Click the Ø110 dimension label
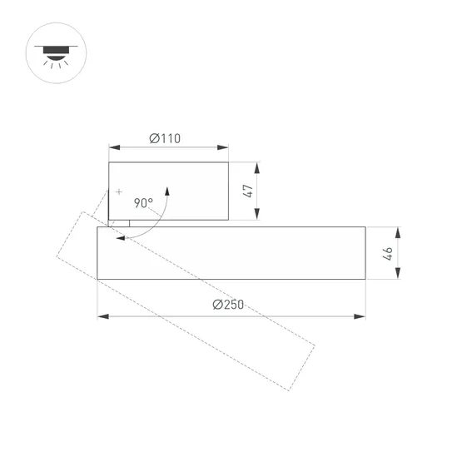tap(166, 138)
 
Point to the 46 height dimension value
tap(387, 253)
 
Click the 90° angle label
tap(142, 202)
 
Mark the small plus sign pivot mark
tap(119, 192)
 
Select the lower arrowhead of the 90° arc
tap(122, 238)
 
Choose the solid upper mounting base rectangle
tap(169, 191)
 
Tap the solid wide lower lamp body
tap(231, 253)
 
